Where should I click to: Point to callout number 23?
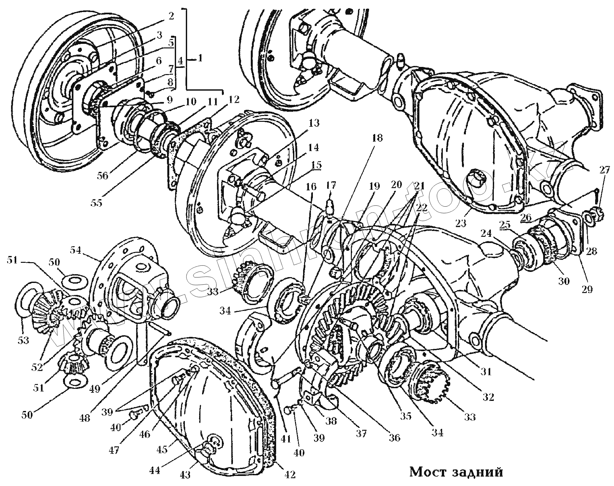[461, 223]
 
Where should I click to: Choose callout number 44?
[155, 470]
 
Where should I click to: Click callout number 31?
[486, 371]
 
